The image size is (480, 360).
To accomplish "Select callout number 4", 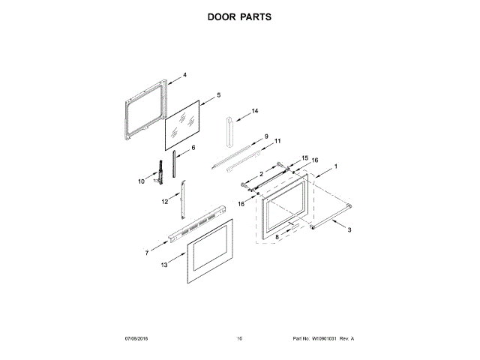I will (184, 75).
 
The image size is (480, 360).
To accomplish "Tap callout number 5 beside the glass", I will (218, 95).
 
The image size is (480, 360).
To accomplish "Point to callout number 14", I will (255, 111).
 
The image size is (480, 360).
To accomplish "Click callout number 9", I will (265, 136).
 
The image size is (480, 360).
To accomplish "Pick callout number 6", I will (193, 148).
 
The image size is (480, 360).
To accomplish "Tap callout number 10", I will (141, 181).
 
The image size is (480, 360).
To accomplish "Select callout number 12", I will (165, 202).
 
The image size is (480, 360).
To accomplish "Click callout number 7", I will (147, 253).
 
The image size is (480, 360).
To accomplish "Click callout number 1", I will (336, 166).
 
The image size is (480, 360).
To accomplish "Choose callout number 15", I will (304, 157).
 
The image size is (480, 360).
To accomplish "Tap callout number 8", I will (276, 236).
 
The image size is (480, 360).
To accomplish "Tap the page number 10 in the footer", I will (239, 339).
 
